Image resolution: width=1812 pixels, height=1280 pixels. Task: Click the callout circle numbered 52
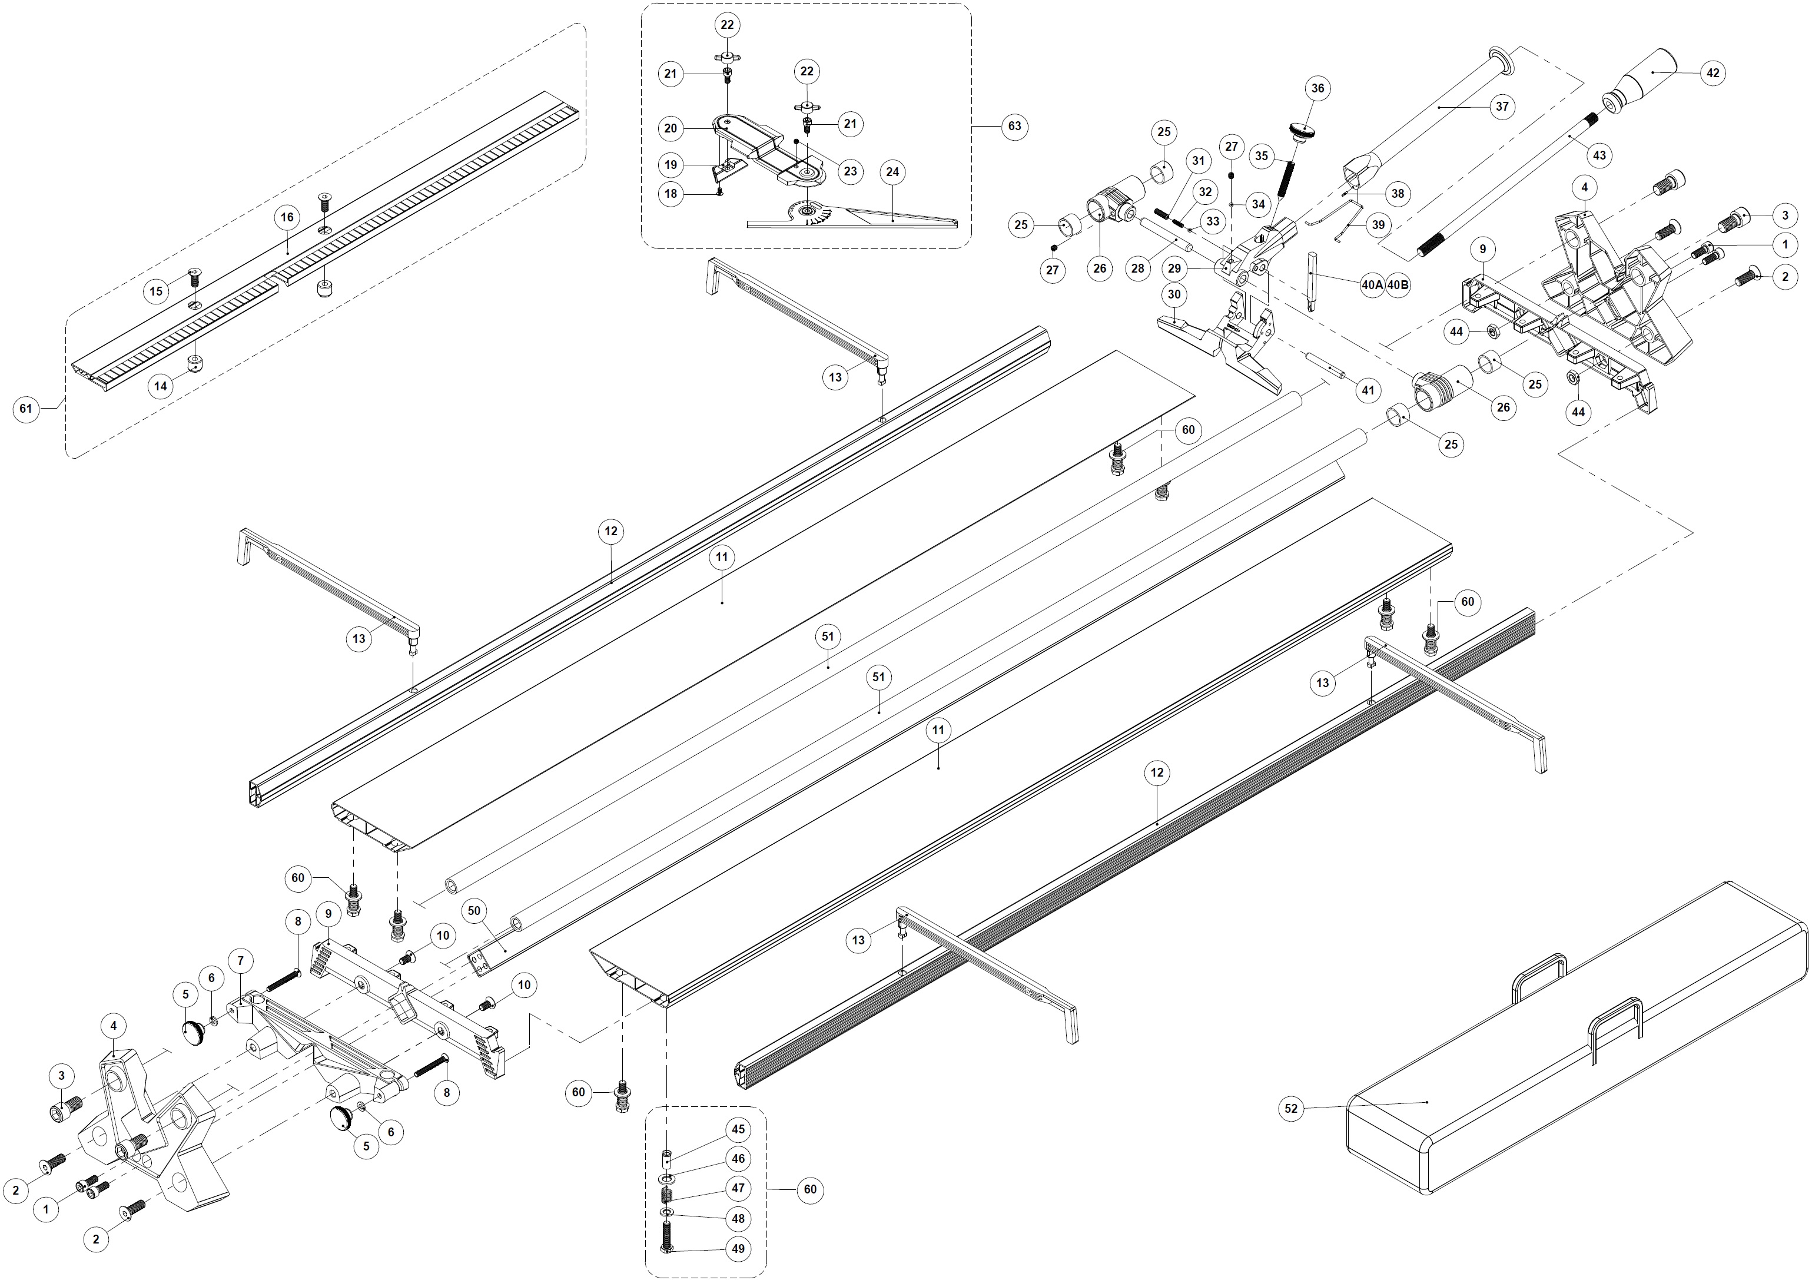[1291, 1109]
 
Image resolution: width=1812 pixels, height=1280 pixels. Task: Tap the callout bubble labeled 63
[1015, 126]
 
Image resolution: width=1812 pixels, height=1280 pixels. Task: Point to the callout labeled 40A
[1372, 285]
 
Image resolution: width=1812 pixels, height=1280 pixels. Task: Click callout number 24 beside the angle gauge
[892, 172]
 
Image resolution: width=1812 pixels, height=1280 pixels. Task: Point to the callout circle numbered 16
[287, 217]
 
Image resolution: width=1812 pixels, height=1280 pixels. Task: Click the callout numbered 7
[241, 960]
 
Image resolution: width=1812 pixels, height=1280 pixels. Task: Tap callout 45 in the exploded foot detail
[738, 1130]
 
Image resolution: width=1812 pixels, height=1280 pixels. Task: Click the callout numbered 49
[738, 1249]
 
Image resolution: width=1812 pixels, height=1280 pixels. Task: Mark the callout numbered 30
[1174, 294]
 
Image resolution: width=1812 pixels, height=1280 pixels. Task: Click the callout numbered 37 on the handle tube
[1501, 107]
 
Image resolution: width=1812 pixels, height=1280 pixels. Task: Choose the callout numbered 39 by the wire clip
[1378, 225]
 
